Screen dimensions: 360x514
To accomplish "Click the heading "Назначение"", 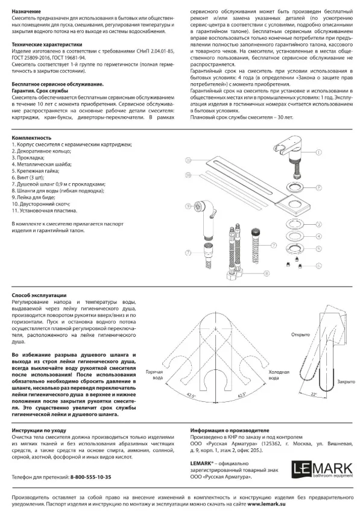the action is (27, 11).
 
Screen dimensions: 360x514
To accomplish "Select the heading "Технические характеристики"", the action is (47, 45).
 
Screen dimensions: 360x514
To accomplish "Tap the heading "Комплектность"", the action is (31, 138).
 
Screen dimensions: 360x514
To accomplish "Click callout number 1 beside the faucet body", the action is (318, 152).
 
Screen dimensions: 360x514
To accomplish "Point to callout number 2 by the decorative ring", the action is (318, 188).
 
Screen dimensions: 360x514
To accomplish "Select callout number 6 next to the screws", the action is (318, 266).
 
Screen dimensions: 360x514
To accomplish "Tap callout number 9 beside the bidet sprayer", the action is (188, 206).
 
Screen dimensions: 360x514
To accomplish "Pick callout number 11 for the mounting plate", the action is (188, 160).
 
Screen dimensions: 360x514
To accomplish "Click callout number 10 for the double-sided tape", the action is (188, 175).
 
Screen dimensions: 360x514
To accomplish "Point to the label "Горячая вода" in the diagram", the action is (154, 375).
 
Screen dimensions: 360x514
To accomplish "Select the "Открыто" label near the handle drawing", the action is (300, 334).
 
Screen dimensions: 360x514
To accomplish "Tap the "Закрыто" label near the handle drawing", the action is (346, 382).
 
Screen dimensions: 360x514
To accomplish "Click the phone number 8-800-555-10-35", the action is (90, 477).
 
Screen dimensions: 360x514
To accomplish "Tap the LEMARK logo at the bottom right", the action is (322, 469).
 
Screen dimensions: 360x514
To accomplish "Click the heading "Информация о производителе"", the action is (230, 430).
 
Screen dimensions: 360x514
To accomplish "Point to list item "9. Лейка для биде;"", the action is (34, 197).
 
